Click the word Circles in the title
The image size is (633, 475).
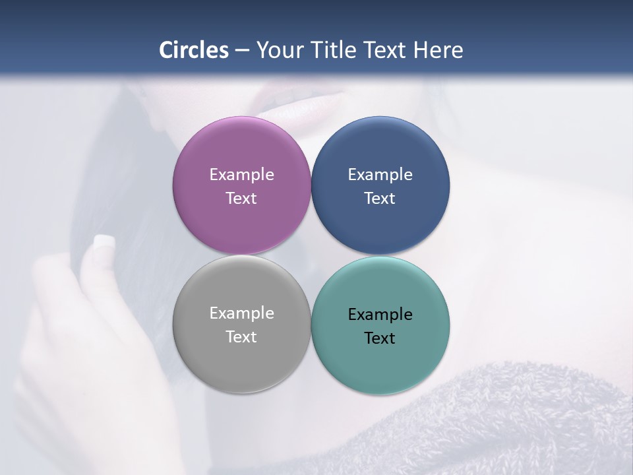[x=194, y=50]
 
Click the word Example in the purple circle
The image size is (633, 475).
[x=241, y=174]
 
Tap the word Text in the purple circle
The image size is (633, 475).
[x=241, y=198]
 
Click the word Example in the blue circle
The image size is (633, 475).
[x=380, y=174]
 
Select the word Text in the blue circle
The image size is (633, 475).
[x=380, y=198]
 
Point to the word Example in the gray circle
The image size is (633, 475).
[x=241, y=313]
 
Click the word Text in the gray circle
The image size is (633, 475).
[x=241, y=336]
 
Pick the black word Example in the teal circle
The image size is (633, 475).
[x=380, y=314]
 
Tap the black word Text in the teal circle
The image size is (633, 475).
[x=380, y=338]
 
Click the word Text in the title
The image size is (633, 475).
[x=386, y=50]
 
